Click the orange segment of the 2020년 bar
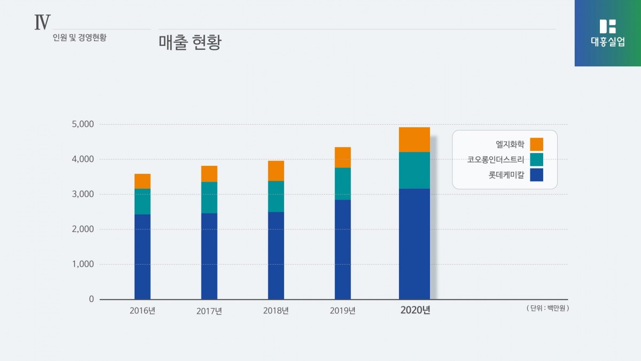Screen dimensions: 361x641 (414, 140)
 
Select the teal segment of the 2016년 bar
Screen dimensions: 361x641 (142, 202)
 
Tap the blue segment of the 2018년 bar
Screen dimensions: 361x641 (276, 255)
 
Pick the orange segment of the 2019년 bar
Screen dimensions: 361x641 (342, 157)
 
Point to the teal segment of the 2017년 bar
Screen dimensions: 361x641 (209, 197)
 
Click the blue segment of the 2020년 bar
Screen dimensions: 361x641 (414, 243)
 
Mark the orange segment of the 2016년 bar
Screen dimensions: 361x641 (142, 181)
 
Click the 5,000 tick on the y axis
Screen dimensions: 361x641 (82, 125)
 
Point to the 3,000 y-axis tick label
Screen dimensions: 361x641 (82, 194)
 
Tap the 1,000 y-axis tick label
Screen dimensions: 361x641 (82, 264)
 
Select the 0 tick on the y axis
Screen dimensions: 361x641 (91, 299)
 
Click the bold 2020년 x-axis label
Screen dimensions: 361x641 (415, 311)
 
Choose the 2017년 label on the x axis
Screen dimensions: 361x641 (209, 311)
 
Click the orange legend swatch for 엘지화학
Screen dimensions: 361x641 (536, 144)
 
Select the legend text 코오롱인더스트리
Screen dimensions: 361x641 (496, 159)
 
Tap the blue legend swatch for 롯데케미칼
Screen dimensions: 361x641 (536, 175)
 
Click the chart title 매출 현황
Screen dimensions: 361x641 (190, 43)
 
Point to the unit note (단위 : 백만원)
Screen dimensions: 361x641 (547, 308)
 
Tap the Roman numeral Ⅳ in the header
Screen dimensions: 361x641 (42, 22)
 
